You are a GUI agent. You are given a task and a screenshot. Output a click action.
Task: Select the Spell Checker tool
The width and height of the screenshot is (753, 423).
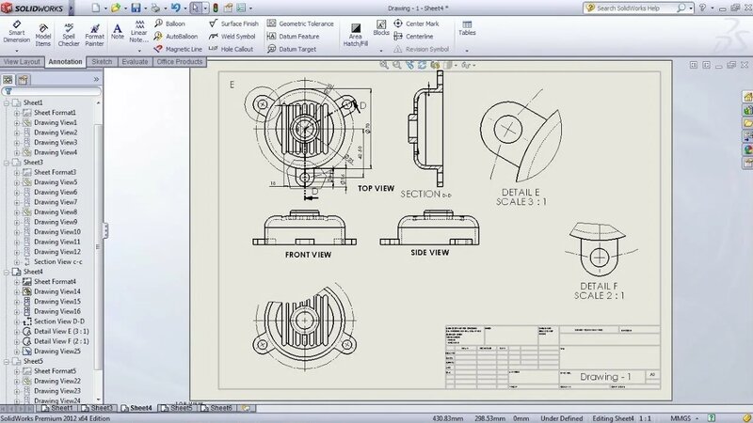69,35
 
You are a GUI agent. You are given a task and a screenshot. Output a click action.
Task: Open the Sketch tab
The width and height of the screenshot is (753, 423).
102,61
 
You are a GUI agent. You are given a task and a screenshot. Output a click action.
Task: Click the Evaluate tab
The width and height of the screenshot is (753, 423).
135,61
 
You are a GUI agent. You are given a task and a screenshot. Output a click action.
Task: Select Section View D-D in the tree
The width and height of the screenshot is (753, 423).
57,321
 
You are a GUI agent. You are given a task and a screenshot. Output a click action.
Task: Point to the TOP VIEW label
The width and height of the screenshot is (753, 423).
376,188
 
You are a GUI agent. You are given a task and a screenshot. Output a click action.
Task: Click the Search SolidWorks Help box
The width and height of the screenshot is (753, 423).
669,8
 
